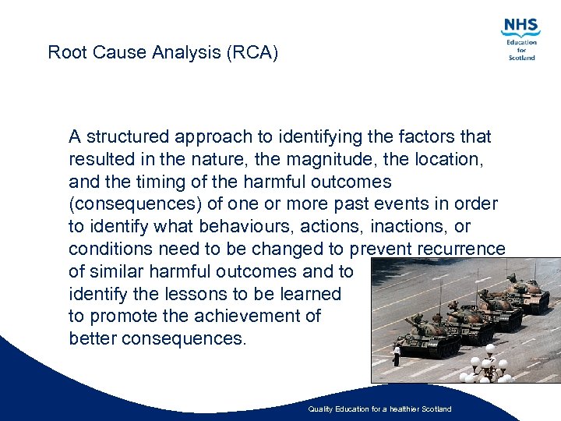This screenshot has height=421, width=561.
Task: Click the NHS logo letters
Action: (x=521, y=27)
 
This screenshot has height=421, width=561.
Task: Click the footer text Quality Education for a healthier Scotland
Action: (x=379, y=409)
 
